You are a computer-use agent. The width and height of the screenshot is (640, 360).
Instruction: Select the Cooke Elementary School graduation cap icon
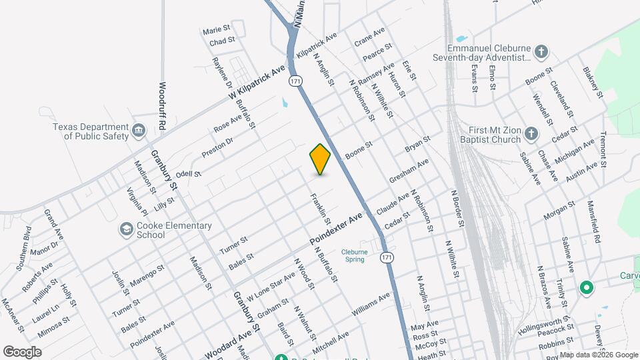(x=125, y=230)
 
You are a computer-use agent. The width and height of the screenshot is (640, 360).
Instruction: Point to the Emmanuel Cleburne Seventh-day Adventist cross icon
(x=542, y=51)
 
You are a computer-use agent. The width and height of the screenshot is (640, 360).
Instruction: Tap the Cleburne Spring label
(x=354, y=255)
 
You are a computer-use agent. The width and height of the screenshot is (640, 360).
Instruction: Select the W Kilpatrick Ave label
(x=257, y=83)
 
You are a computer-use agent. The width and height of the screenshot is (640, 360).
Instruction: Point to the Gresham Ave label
(x=409, y=172)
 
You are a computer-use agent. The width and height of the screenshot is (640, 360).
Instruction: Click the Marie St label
(x=216, y=30)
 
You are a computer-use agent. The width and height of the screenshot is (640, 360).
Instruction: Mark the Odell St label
(x=188, y=174)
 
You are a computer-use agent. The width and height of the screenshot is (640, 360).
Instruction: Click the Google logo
(x=22, y=351)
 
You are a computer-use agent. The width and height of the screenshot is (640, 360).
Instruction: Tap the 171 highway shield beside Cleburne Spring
(x=387, y=257)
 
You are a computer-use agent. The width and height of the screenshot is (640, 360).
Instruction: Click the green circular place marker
(x=587, y=288)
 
